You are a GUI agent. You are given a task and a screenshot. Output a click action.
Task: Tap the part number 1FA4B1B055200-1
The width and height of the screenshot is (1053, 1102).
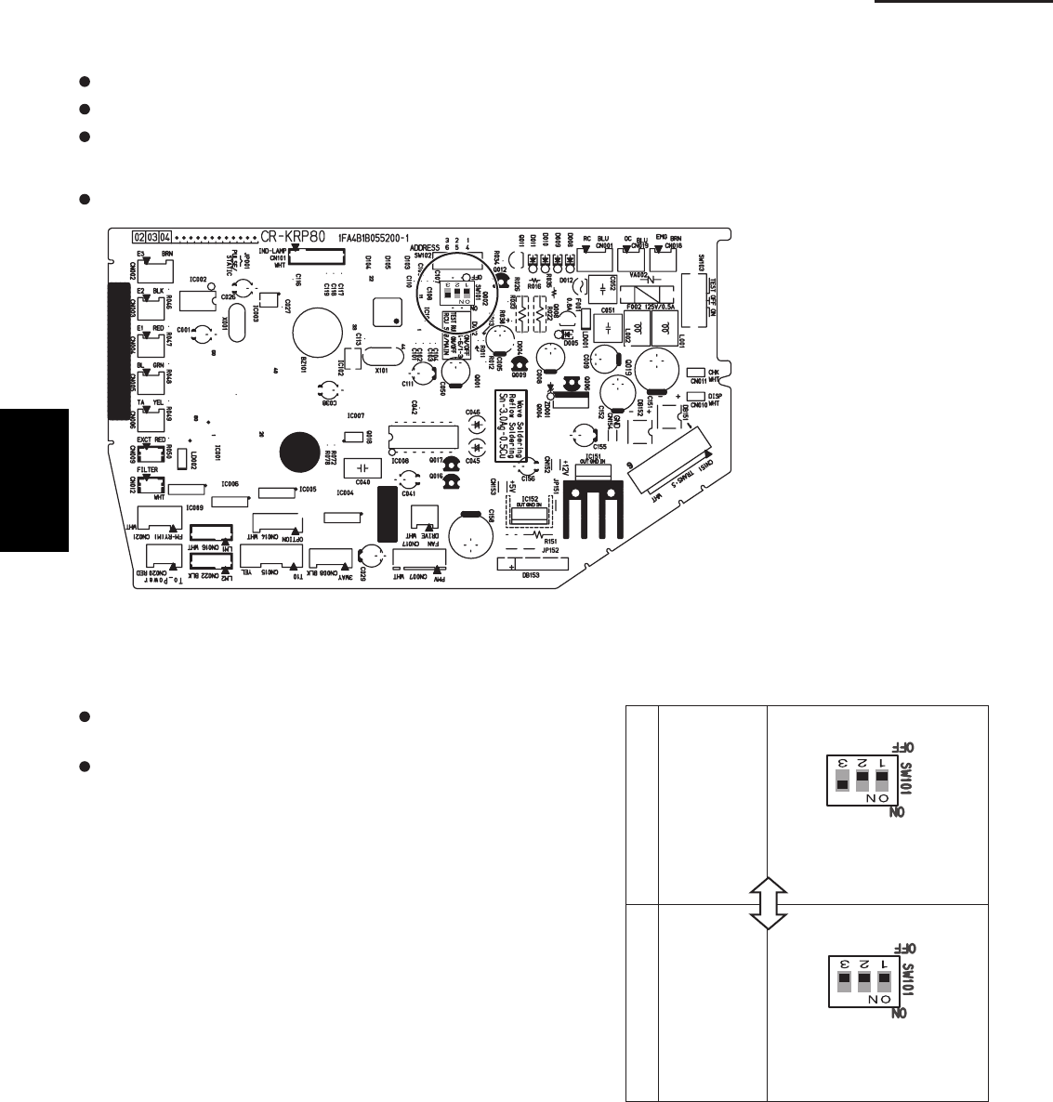378,238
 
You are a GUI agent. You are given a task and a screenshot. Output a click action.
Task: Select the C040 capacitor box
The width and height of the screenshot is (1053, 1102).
362,466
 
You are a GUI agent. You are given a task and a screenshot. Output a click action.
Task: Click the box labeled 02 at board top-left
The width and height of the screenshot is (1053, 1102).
139,237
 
